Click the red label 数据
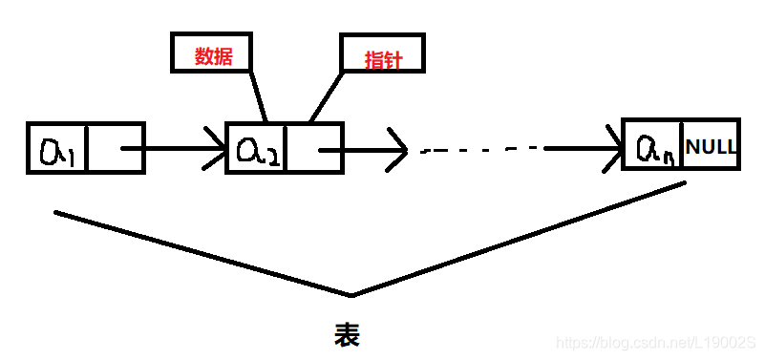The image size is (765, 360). pyautogui.click(x=212, y=54)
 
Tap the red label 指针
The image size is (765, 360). pyautogui.click(x=382, y=58)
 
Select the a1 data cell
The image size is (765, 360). pyautogui.click(x=57, y=148)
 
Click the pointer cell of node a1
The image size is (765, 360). pyautogui.click(x=115, y=148)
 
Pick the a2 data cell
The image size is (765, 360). pyautogui.click(x=255, y=148)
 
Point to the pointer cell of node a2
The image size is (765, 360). pyautogui.click(x=313, y=148)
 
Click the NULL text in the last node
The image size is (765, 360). pyautogui.click(x=711, y=147)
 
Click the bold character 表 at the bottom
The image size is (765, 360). pyautogui.click(x=347, y=333)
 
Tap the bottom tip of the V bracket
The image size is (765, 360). pyautogui.click(x=351, y=293)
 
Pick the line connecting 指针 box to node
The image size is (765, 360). pyautogui.click(x=326, y=96)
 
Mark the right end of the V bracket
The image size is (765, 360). pyautogui.click(x=683, y=183)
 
